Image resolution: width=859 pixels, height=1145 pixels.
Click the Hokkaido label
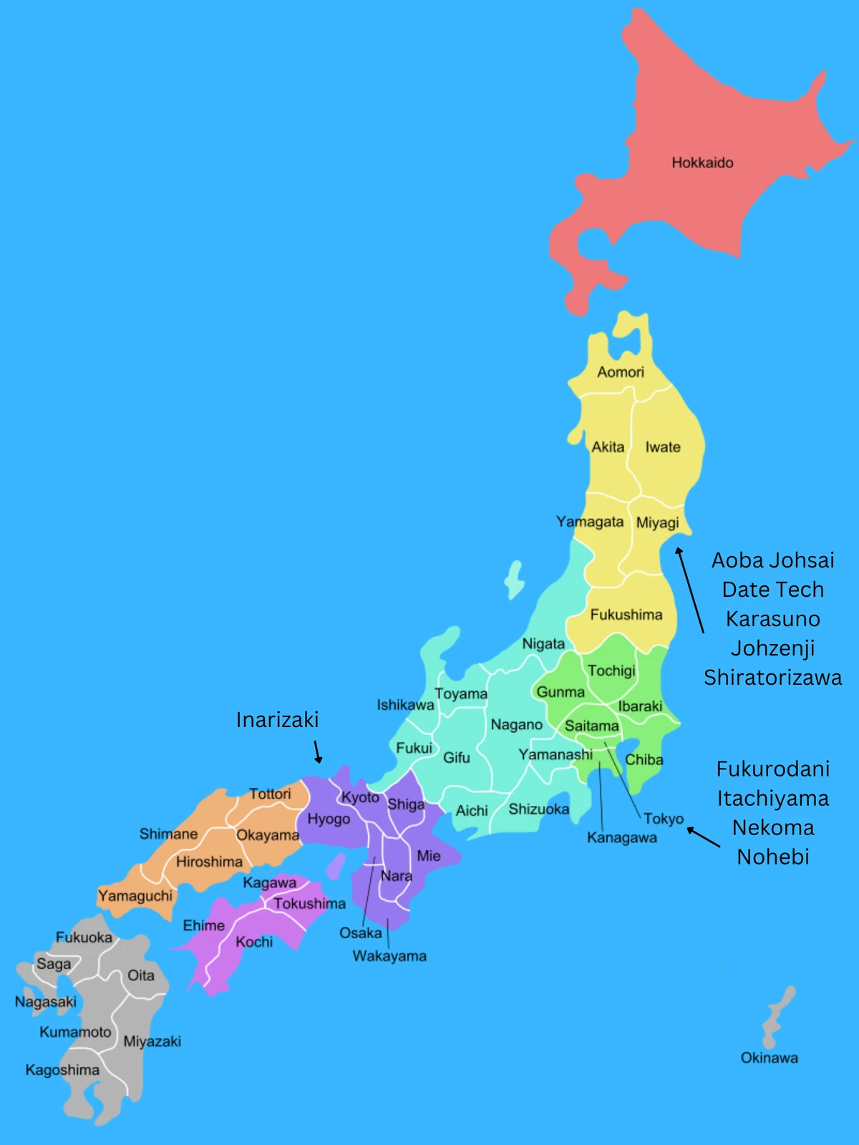(702, 162)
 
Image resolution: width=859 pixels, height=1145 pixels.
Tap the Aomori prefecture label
(621, 372)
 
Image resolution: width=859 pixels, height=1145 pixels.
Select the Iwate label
(663, 447)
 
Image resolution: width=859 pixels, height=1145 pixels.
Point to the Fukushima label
(626, 615)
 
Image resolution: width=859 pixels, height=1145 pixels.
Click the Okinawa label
(769, 1058)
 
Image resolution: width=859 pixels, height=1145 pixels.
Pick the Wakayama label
(389, 956)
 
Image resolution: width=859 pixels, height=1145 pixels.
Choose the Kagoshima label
(62, 1070)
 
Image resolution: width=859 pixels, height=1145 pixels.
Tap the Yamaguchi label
(135, 896)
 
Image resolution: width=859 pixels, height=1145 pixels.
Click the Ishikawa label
(405, 705)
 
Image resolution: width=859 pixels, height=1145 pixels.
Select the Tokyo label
(664, 819)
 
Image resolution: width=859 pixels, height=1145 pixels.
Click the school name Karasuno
(773, 619)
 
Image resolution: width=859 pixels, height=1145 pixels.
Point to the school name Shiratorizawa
(773, 678)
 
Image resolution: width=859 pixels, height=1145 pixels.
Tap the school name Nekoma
(773, 828)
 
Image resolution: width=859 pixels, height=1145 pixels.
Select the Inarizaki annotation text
(277, 720)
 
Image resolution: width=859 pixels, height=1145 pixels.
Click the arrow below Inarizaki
(317, 752)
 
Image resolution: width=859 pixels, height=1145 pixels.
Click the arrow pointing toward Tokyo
(704, 838)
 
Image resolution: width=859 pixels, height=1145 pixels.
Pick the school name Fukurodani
(773, 769)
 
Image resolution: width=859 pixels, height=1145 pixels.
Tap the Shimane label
(168, 834)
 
